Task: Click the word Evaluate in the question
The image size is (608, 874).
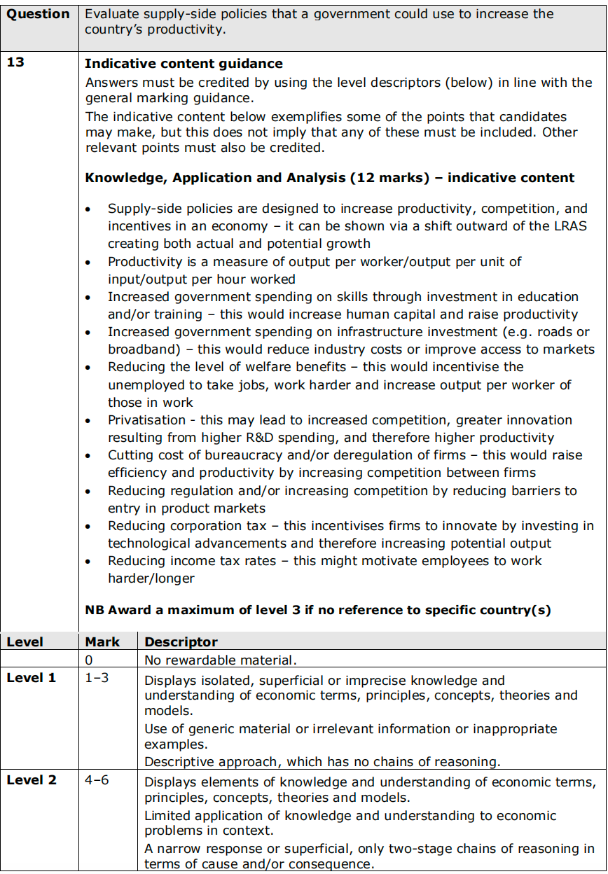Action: (111, 14)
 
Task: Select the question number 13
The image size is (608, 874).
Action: (15, 63)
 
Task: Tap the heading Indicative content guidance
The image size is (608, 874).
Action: (184, 64)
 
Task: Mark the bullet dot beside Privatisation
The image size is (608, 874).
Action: (88, 421)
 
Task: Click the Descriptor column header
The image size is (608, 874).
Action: (181, 642)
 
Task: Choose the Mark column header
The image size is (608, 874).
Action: (102, 642)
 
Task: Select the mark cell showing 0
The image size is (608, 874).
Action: (89, 660)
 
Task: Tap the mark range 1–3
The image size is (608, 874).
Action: (97, 678)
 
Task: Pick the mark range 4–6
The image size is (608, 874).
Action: (97, 780)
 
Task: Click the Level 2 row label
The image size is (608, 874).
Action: (32, 780)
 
